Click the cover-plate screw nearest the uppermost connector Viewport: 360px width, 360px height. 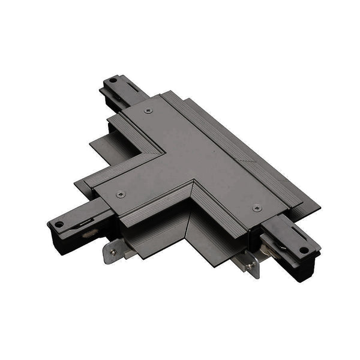pos(148,110)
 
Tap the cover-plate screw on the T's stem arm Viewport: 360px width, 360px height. pos(121,194)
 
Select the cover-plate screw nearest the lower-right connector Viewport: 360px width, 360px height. pos(257,208)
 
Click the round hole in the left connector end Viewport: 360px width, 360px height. pos(59,224)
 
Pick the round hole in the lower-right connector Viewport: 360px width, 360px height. pos(303,250)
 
